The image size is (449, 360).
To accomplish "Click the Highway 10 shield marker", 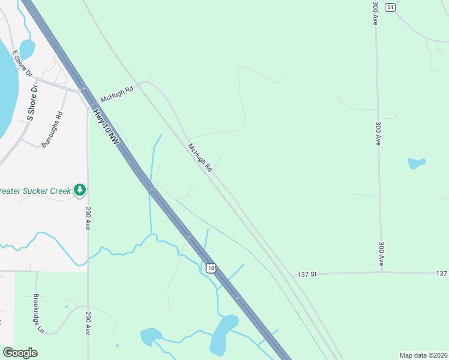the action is (209, 268).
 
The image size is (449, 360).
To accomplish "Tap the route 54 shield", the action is (391, 7).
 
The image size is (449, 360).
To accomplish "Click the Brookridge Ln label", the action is (39, 313).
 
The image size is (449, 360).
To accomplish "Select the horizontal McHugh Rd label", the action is (116, 93).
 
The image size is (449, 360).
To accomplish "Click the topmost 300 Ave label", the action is (375, 13).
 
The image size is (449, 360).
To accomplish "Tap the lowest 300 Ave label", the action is (381, 254).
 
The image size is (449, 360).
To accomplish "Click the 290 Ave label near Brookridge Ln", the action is (88, 323).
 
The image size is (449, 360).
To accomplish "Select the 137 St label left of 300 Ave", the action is (307, 274).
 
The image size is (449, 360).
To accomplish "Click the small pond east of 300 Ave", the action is (416, 163).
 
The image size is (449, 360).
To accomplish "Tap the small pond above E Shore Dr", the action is (27, 49).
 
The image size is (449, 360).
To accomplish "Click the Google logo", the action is (20, 353).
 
